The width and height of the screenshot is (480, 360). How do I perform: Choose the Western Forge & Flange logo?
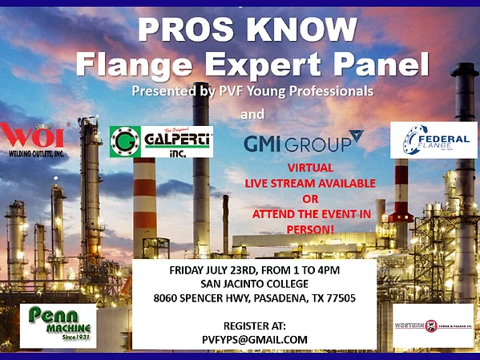tap(432, 326)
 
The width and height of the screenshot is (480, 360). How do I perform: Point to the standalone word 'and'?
tap(252, 114)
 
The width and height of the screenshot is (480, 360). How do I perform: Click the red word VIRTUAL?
tap(309, 168)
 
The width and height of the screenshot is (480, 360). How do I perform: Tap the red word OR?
tap(309, 200)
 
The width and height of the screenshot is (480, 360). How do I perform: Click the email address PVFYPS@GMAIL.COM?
tap(255, 339)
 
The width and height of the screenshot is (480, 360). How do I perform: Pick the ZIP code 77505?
tap(340, 298)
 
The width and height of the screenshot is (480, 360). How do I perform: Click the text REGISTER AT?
tap(255, 326)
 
